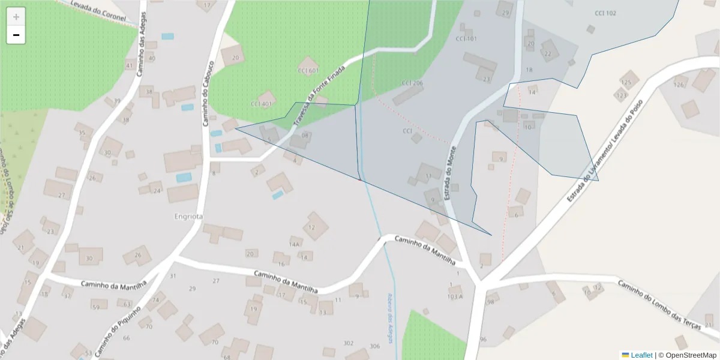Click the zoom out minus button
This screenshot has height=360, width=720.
pyautogui.click(x=16, y=35)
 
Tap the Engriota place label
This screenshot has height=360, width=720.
pyautogui.click(x=188, y=216)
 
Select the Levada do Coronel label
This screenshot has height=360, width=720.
pyautogui.click(x=98, y=11)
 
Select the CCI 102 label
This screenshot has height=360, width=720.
pyautogui.click(x=605, y=13)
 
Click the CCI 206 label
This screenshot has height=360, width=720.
pyautogui.click(x=412, y=83)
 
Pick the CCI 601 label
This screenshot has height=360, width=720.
pyautogui.click(x=308, y=70)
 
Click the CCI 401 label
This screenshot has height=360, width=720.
pyautogui.click(x=261, y=104)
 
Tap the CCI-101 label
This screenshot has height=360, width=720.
pyautogui.click(x=466, y=39)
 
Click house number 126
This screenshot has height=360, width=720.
pyautogui.click(x=679, y=85)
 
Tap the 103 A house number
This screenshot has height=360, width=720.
pyautogui.click(x=455, y=296)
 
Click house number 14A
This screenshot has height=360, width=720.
pyautogui.click(x=294, y=244)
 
